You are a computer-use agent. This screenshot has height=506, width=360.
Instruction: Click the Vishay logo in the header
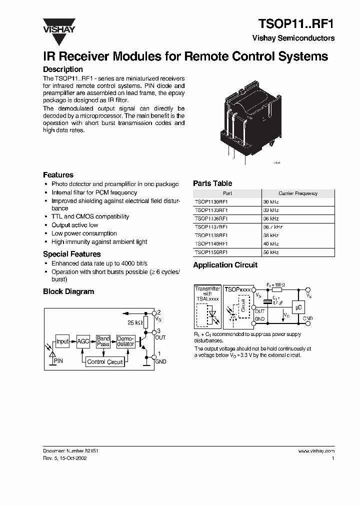coord(58,25)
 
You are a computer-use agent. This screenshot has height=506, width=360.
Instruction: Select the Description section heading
coord(62,69)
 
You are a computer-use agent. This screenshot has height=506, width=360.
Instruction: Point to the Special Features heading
coord(71,254)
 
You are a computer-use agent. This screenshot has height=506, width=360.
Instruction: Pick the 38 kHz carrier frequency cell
coord(298,235)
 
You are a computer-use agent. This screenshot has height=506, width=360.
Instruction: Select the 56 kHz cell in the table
coord(298,252)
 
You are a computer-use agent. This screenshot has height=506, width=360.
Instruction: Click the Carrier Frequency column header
coord(298,193)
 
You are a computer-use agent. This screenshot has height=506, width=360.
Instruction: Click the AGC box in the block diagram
coord(82,341)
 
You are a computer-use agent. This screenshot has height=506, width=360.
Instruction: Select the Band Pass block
coord(103,341)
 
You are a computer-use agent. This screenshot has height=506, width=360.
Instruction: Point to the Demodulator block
coord(125,341)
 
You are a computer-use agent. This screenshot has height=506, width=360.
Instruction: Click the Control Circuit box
coord(104,362)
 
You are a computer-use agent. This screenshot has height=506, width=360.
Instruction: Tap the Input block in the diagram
coord(62,341)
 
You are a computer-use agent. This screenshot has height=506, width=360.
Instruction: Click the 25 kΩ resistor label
coord(135,322)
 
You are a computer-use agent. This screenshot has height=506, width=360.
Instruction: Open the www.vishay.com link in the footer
coord(316,450)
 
